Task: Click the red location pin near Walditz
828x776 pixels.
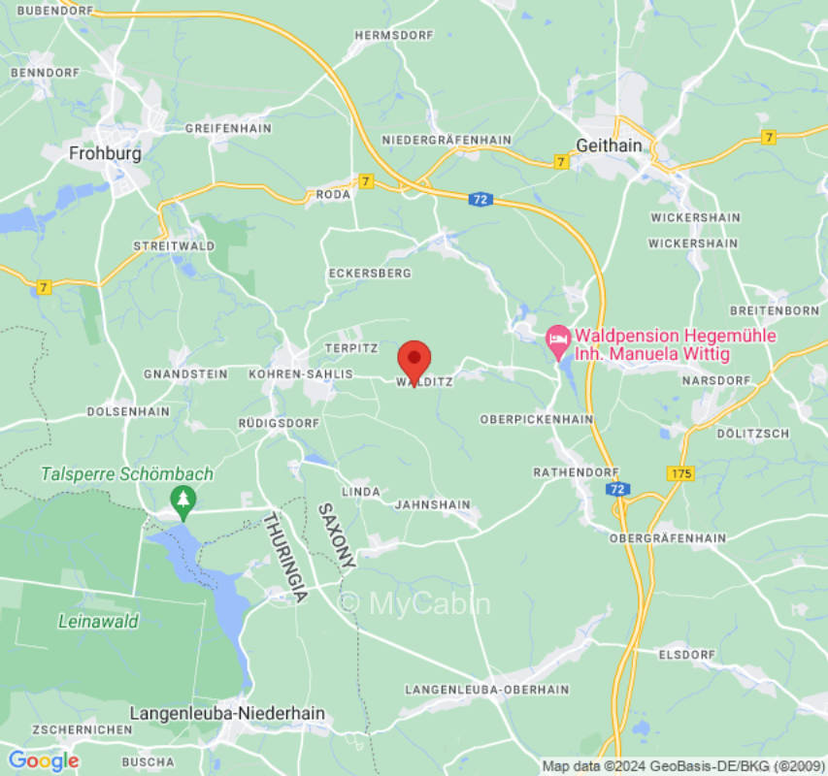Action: [414, 362]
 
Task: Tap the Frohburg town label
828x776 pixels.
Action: [105, 153]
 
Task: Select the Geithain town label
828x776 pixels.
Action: [609, 145]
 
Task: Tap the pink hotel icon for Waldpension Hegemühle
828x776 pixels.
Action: [557, 339]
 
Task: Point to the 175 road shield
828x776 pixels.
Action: [679, 472]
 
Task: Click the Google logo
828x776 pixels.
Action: [43, 760]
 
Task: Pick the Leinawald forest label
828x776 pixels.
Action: [98, 621]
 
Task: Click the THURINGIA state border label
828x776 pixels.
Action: [285, 558]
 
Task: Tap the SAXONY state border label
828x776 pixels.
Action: [337, 535]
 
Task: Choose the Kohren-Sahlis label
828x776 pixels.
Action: [290, 373]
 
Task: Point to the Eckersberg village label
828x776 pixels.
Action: [369, 274]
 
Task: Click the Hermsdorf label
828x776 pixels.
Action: [391, 35]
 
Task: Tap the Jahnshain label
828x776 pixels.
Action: [432, 505]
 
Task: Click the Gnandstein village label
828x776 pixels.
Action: [184, 373]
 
